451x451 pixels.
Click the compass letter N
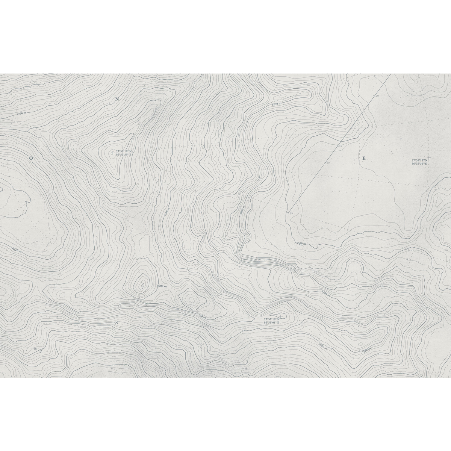click(117, 99)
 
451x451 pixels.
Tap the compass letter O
click(31, 159)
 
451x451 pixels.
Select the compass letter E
click(363, 159)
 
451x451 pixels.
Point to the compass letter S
click(117, 322)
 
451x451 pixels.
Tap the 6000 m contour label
click(242, 210)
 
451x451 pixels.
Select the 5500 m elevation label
click(301, 244)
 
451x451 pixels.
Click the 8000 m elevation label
click(162, 286)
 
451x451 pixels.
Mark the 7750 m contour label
click(201, 316)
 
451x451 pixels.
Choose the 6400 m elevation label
click(325, 293)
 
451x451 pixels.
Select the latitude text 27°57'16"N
click(271, 319)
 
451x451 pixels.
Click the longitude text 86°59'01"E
click(271, 323)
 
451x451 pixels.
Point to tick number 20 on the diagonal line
click(377, 96)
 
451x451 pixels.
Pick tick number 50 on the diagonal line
click(327, 163)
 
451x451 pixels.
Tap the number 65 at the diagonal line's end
click(291, 213)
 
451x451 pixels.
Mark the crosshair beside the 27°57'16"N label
click(280, 316)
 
